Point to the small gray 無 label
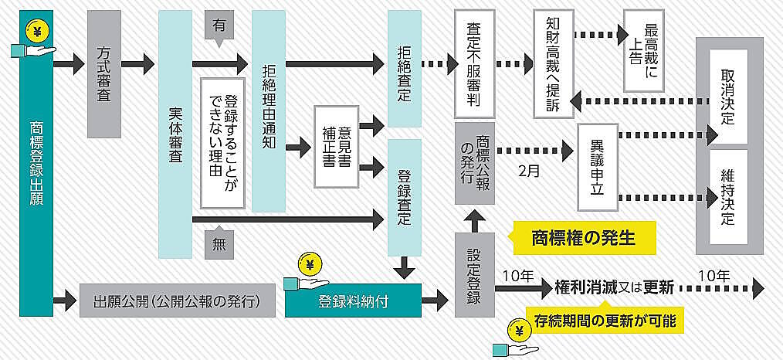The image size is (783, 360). point(219,246)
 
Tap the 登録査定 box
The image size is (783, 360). point(405,197)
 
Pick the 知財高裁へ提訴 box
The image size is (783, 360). point(552,63)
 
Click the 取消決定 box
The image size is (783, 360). point(728,97)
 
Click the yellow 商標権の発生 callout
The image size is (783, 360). point(585,237)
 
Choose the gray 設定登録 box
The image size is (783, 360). point(474,274)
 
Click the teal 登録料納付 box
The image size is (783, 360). point(353,301)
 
